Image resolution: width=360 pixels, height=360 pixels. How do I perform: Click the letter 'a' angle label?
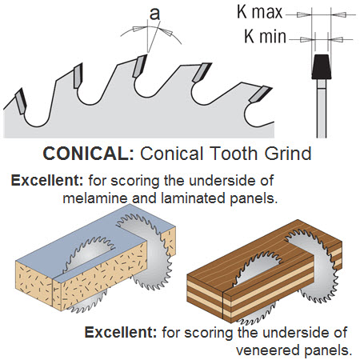[154, 14]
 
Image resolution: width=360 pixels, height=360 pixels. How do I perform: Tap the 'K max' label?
[259, 12]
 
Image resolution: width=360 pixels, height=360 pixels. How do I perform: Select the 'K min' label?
[265, 36]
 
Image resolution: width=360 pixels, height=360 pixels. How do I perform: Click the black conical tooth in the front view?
[322, 67]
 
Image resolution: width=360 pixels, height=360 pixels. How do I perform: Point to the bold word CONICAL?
[89, 154]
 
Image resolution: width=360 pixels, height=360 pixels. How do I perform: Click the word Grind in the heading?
[288, 154]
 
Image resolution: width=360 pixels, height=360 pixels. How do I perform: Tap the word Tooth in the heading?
[235, 154]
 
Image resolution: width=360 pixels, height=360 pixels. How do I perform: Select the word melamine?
[96, 198]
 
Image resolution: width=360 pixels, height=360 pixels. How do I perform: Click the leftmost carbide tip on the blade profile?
[21, 102]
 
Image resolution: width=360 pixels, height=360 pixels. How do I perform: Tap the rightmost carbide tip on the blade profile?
[260, 94]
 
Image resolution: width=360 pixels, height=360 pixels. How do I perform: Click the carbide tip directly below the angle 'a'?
[140, 66]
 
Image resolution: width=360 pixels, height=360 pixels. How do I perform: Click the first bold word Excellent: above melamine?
[47, 181]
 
